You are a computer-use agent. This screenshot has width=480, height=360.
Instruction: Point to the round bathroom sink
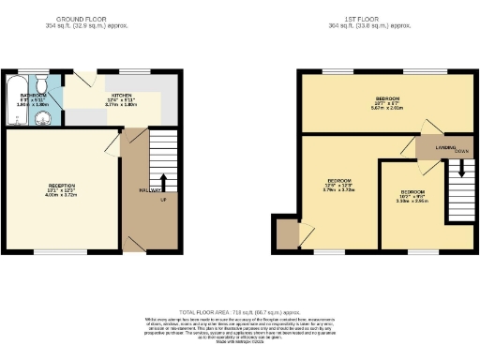coord(40,118)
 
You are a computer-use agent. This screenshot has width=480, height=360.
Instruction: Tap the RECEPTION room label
coord(63,186)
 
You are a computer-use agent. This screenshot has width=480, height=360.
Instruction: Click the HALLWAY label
coord(147,190)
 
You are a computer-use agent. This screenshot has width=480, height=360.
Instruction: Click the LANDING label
coord(433,146)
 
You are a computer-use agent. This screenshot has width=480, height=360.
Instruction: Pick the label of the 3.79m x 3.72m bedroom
coord(339,180)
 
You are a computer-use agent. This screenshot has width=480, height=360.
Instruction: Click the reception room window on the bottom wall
coord(48,251)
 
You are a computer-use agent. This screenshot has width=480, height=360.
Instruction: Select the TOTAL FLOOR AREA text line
coord(240,311)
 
